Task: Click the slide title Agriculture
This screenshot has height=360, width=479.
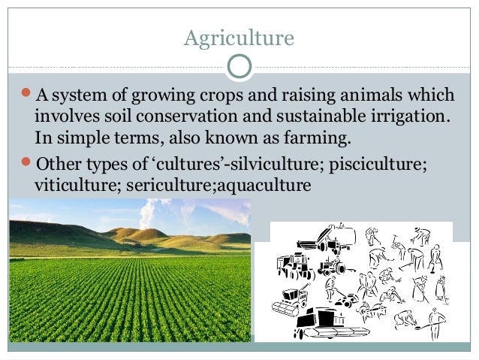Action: coord(239,37)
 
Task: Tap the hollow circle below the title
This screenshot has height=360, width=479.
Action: coord(239,66)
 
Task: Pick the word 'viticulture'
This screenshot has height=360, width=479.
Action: coord(73,183)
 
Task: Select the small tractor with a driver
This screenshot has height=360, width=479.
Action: coord(330,266)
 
